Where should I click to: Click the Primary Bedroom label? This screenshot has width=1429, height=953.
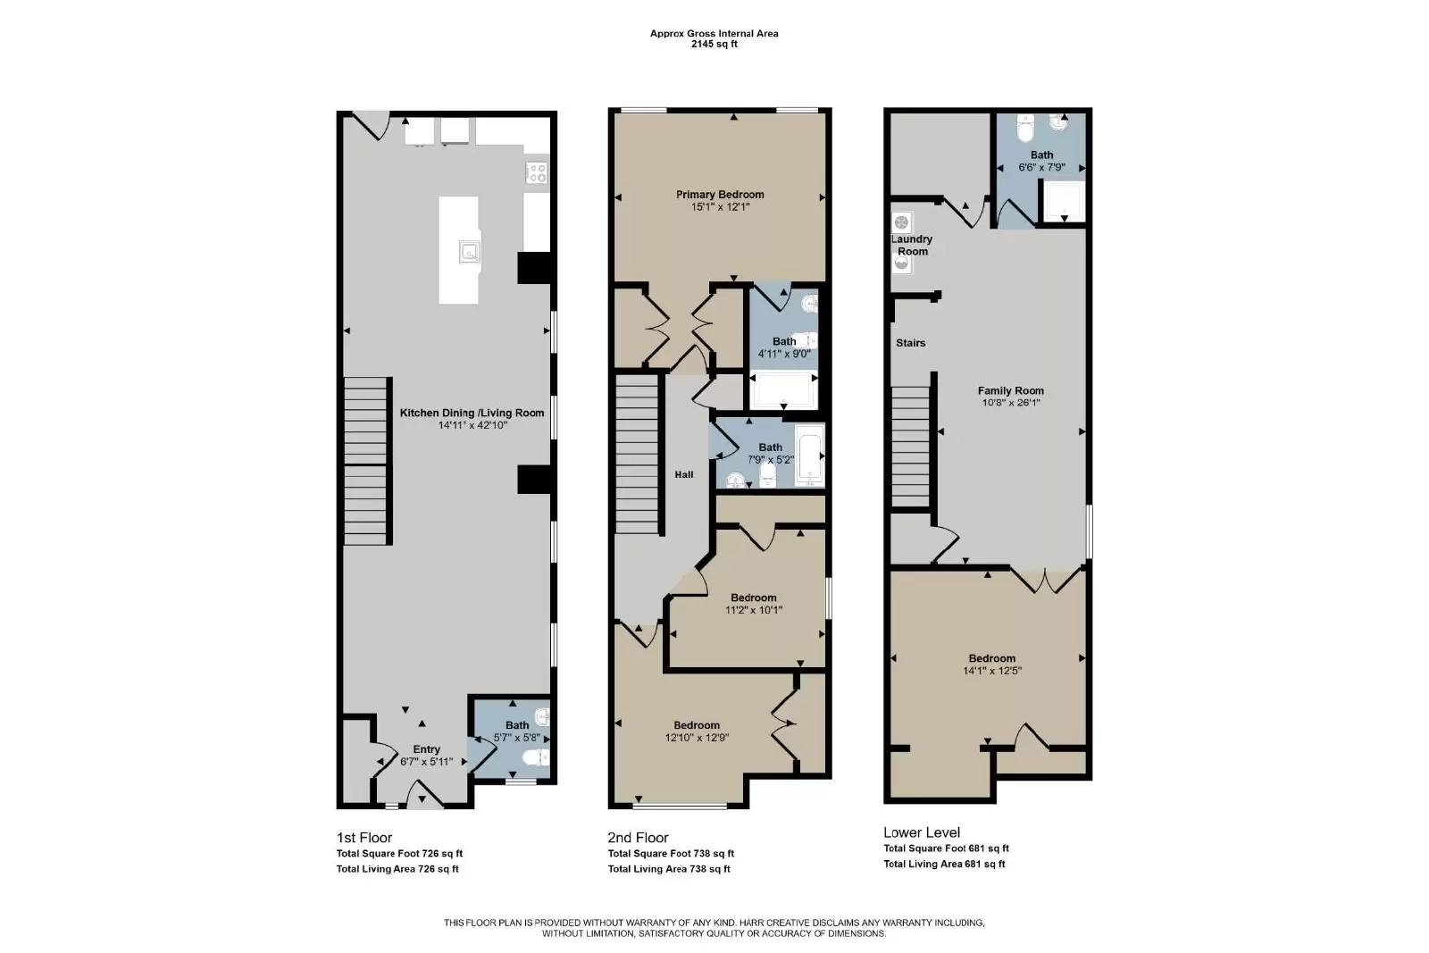pyautogui.click(x=720, y=195)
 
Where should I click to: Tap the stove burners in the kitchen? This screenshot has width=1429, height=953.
pyautogui.click(x=537, y=172)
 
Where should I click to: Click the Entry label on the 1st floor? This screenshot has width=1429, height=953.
pyautogui.click(x=426, y=749)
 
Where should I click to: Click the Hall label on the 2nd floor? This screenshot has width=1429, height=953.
pyautogui.click(x=683, y=474)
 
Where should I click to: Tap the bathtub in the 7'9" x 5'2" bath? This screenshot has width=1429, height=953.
pyautogui.click(x=809, y=456)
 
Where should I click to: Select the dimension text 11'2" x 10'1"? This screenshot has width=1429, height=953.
pyautogui.click(x=753, y=611)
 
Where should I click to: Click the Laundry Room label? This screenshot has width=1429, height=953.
pyautogui.click(x=912, y=245)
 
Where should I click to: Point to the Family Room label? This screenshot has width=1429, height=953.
pyautogui.click(x=1010, y=390)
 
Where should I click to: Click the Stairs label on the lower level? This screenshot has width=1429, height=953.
pyautogui.click(x=910, y=343)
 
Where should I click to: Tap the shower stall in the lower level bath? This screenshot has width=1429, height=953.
pyautogui.click(x=1064, y=201)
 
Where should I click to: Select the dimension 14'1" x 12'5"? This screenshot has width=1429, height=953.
pyautogui.click(x=991, y=671)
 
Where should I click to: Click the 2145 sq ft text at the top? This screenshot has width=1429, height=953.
pyautogui.click(x=714, y=45)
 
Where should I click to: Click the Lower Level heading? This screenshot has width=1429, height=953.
pyautogui.click(x=921, y=832)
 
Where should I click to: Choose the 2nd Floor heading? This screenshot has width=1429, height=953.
pyautogui.click(x=638, y=837)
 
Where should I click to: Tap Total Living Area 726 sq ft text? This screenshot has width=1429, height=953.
pyautogui.click(x=397, y=868)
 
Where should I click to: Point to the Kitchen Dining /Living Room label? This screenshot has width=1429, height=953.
pyautogui.click(x=472, y=413)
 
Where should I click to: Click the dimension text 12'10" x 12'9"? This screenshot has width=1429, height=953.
pyautogui.click(x=697, y=739)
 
